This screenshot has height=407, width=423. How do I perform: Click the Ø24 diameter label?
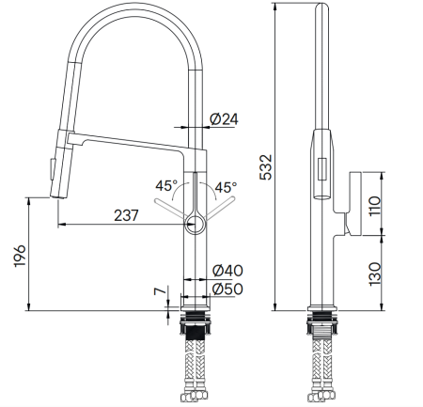coord(224,118)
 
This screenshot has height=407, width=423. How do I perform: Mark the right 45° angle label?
coord(226,187)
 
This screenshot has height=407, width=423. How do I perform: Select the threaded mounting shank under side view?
coord(322,329)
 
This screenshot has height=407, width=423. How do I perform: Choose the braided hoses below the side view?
coord(322,371)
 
